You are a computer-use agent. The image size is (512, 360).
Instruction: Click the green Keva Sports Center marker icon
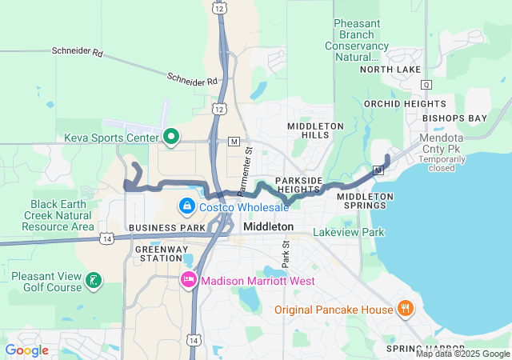tap(170, 137)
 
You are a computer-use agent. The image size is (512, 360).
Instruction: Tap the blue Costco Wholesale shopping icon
tap(186, 207)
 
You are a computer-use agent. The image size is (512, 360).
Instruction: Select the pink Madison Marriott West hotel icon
tap(189, 281)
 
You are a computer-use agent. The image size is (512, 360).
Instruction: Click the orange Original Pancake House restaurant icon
tap(406, 309)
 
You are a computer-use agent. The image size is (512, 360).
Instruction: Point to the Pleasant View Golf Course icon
tap(94, 280)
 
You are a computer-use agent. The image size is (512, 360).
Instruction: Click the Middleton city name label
tap(268, 227)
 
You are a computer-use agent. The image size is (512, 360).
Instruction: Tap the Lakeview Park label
tap(348, 233)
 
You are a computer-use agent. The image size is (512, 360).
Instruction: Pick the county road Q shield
tap(426, 85)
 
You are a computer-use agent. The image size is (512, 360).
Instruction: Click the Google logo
tap(26, 350)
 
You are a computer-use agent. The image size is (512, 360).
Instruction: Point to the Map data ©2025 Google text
tap(462, 354)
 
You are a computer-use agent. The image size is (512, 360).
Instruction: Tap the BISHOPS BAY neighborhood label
tap(454, 118)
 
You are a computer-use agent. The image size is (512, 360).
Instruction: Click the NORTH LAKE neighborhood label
tap(390, 70)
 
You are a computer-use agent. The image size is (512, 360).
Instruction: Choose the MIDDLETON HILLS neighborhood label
tap(315, 131)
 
